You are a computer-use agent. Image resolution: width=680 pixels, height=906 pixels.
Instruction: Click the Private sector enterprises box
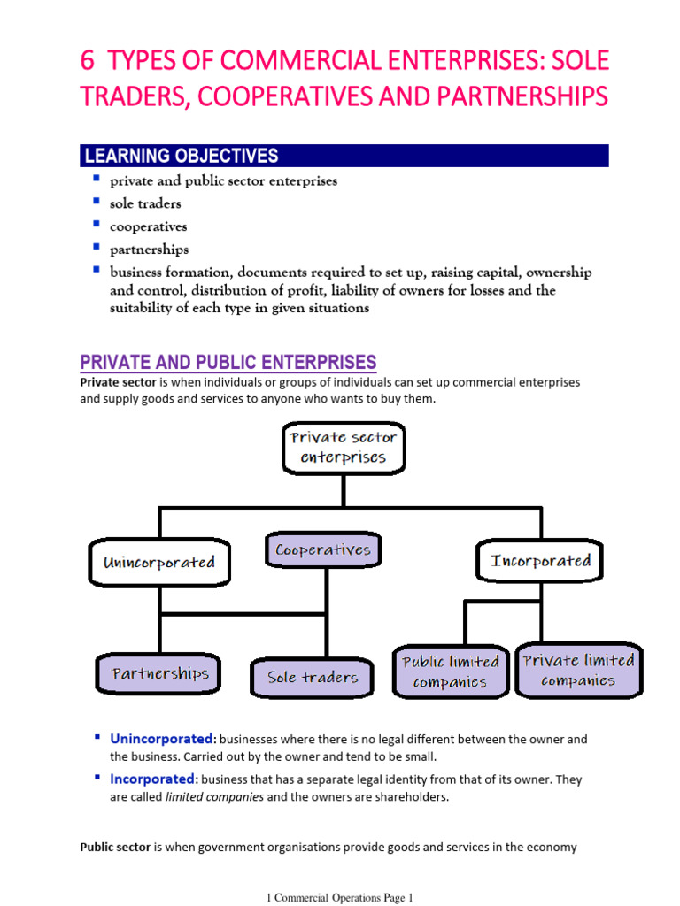(344, 448)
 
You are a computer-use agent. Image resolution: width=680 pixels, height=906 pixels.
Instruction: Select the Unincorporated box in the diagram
(158, 563)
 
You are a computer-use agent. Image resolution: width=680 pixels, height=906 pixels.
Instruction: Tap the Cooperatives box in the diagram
(322, 550)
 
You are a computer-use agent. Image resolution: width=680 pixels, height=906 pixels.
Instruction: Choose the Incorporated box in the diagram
(540, 561)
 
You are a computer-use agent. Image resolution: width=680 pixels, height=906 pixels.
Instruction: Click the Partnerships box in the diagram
(160, 674)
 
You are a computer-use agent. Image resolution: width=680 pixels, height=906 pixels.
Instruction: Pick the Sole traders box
(313, 678)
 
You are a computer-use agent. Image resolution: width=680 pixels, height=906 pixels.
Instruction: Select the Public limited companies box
(450, 672)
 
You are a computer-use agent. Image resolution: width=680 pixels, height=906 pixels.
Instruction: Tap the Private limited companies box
(578, 671)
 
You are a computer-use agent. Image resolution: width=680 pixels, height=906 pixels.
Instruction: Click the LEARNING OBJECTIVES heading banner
(344, 157)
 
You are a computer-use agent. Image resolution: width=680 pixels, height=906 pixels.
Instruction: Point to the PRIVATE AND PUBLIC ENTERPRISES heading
(228, 362)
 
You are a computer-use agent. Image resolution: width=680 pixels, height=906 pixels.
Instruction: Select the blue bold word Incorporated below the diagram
(151, 779)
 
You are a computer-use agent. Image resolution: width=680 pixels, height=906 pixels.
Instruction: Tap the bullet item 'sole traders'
(145, 203)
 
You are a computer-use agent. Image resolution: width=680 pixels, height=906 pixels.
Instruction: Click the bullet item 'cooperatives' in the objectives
(149, 226)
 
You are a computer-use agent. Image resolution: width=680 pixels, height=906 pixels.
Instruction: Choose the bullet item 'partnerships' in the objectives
(150, 250)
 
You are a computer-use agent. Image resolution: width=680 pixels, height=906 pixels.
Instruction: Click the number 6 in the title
(88, 62)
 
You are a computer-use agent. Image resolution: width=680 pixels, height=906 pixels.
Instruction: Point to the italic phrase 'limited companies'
(215, 796)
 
